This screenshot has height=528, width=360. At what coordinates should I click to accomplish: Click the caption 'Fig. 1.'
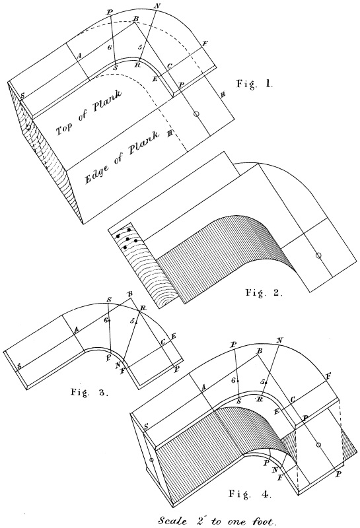(254, 84)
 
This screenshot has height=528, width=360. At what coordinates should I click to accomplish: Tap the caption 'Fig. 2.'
(264, 292)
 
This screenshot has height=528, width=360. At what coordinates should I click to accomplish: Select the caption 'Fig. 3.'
(89, 392)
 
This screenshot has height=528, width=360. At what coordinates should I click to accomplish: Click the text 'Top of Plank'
(89, 112)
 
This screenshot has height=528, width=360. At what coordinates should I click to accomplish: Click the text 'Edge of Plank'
(122, 157)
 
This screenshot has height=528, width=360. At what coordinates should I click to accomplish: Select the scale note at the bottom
(218, 521)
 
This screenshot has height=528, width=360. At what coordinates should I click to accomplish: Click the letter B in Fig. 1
(135, 19)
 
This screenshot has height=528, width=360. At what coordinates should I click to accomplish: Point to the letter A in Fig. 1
(79, 57)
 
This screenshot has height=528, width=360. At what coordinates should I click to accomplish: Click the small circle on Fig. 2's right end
(318, 255)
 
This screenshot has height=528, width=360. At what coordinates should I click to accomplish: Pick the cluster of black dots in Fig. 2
(127, 238)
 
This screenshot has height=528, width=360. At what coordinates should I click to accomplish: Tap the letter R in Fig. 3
(143, 308)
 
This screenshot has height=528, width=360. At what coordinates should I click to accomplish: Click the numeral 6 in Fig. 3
(106, 320)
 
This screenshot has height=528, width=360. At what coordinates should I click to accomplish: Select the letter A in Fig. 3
(76, 331)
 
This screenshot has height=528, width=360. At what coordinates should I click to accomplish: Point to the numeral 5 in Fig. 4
(262, 382)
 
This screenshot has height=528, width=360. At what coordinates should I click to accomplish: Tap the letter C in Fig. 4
(293, 399)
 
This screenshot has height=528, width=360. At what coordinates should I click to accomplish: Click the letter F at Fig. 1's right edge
(205, 44)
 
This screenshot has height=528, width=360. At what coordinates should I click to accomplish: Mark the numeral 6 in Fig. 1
(109, 48)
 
